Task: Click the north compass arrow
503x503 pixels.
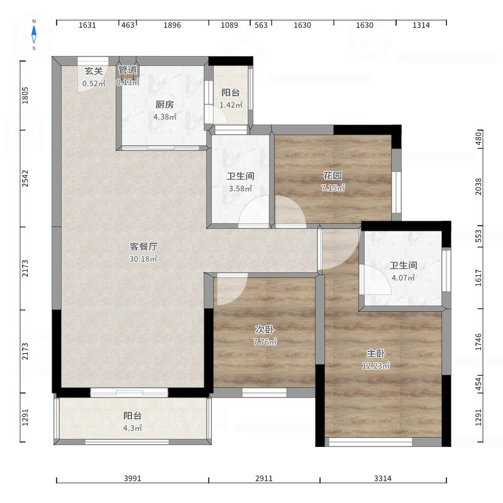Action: (34, 35)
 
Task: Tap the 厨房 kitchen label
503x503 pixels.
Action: (165, 104)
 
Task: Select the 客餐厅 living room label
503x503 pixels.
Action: (143, 246)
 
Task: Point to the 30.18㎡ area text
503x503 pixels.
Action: (143, 258)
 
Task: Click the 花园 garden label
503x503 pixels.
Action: (333, 175)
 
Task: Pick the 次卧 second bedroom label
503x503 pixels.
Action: (265, 329)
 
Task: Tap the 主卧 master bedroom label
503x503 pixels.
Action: (376, 353)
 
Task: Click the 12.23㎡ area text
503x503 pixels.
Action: (376, 366)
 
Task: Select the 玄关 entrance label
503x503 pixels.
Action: (94, 71)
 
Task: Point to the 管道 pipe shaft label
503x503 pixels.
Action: (128, 70)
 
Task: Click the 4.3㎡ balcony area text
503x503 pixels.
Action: (133, 428)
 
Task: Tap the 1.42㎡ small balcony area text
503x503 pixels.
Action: (231, 105)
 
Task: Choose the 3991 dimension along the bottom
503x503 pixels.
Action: (133, 478)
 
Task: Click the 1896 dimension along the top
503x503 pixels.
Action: (172, 25)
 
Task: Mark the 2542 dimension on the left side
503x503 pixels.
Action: (25, 179)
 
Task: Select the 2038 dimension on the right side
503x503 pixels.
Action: (478, 186)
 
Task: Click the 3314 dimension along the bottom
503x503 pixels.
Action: (383, 478)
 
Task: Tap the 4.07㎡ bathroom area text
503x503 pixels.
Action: (403, 278)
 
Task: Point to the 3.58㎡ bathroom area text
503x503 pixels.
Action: (240, 189)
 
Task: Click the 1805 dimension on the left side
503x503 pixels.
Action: (25, 96)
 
